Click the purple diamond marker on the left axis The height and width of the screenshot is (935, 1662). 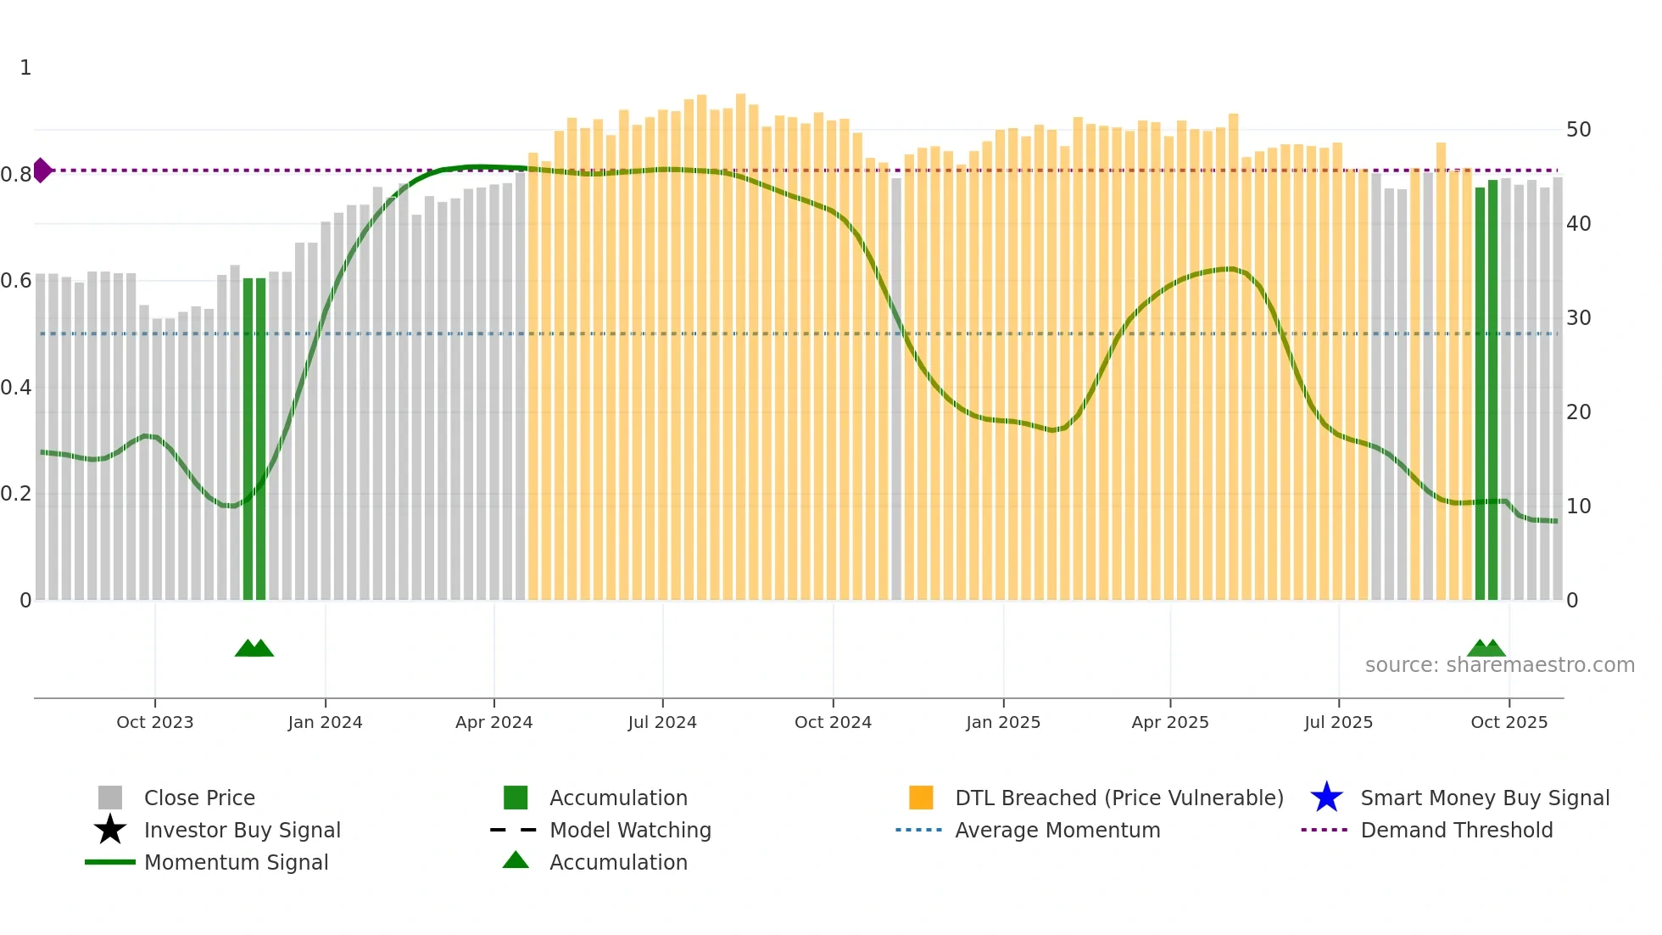[x=42, y=171]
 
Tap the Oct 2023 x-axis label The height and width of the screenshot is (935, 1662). [x=154, y=722]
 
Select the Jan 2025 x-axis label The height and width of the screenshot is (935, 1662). [x=1003, y=722]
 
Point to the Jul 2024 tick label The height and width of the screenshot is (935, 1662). [x=662, y=722]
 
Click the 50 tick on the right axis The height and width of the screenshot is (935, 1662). [x=1578, y=130]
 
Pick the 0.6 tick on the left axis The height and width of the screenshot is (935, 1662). [x=17, y=281]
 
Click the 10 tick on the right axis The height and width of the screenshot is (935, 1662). [x=1578, y=507]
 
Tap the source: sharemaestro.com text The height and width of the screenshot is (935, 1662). [x=1499, y=665]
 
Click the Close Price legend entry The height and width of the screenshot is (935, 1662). [x=199, y=798]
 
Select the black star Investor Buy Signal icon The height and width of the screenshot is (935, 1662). [x=110, y=830]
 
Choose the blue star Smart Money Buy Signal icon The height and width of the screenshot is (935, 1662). [x=1326, y=798]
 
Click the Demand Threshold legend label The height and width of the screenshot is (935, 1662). [x=1456, y=830]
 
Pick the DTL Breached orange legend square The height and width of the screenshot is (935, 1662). [x=921, y=798]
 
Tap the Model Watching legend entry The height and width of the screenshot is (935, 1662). [x=630, y=830]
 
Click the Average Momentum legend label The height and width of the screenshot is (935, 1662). [x=1057, y=830]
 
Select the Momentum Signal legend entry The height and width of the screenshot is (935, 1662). [x=236, y=862]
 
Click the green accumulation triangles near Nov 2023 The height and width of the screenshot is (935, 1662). [x=254, y=648]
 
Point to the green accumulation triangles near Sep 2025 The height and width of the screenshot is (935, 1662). [x=1486, y=648]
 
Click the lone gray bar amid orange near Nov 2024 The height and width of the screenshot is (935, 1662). [x=896, y=389]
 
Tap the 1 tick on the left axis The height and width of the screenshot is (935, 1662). [x=25, y=68]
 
